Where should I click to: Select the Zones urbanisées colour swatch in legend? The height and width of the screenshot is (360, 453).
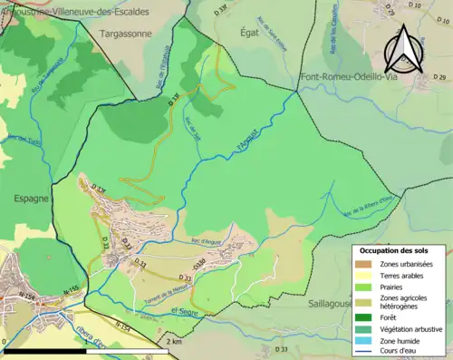point(366,264)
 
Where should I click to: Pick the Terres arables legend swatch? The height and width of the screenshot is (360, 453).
point(366,276)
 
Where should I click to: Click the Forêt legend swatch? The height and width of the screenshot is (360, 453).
point(366,317)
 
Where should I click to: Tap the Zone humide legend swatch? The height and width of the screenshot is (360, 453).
point(366,341)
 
